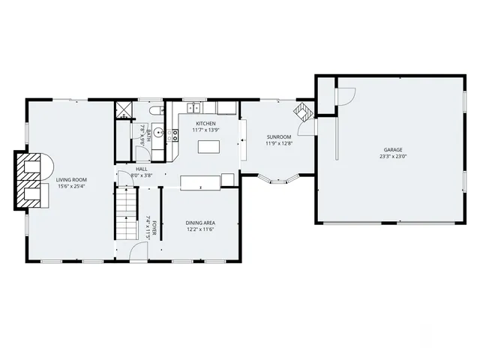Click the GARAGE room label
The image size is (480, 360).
coord(394,150)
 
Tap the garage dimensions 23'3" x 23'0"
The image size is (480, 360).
coord(394,157)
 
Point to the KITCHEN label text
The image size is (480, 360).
coord(205,123)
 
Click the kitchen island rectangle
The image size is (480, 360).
coord(209,146)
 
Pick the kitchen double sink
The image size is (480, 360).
coord(194,108)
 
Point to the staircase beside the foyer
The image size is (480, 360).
coord(125,214)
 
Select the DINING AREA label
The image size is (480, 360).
coord(200,223)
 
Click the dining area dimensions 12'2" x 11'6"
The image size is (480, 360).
coord(200,230)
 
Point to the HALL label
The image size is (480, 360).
coord(141,169)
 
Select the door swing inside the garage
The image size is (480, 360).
coord(343,96)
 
